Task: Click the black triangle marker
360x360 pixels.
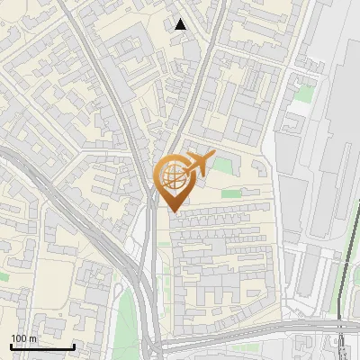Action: (x=181, y=24)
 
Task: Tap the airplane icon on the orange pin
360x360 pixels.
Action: (x=196, y=165)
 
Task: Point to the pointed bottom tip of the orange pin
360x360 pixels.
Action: (x=174, y=212)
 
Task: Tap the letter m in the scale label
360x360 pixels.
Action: (x=34, y=338)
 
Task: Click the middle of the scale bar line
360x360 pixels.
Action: (x=42, y=347)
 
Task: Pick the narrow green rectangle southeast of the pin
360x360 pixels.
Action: (x=231, y=193)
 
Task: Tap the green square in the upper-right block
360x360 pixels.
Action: (x=306, y=93)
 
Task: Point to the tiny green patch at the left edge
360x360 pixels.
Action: (x=4, y=275)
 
